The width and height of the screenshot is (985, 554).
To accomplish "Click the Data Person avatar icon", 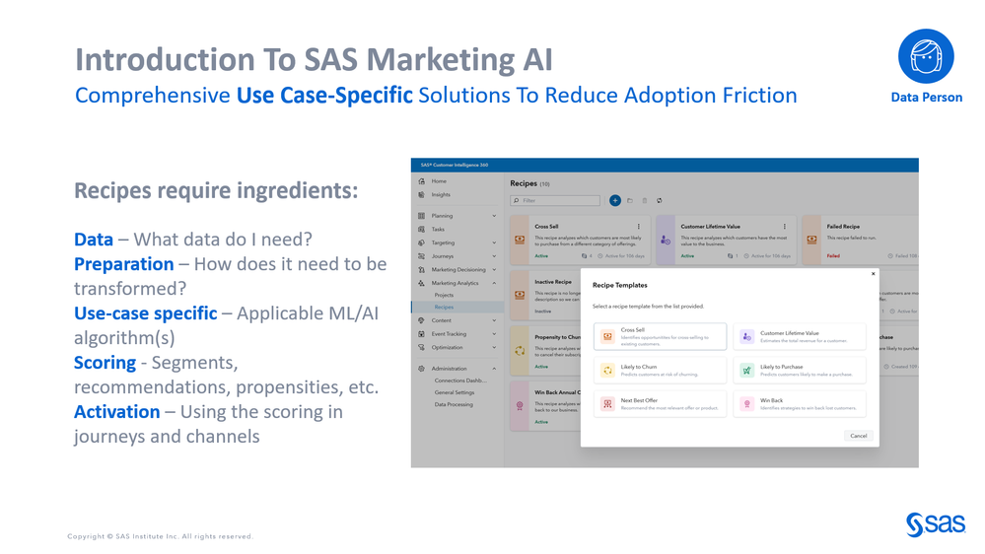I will click(x=926, y=55).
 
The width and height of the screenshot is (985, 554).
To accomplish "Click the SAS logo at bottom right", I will click(x=935, y=524).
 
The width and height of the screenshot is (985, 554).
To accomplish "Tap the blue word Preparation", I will click(x=123, y=264).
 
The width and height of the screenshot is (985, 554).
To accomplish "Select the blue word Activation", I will click(x=116, y=412).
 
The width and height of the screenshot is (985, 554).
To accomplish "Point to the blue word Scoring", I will click(x=105, y=363).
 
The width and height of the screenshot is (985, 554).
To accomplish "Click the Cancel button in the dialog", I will click(x=858, y=436).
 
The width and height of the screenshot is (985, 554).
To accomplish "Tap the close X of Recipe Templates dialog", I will click(x=873, y=274).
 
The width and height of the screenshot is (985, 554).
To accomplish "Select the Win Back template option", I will click(x=799, y=404).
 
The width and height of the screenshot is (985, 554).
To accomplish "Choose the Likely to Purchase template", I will click(x=799, y=371).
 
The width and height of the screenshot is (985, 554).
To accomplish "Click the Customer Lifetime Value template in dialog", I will click(x=799, y=336).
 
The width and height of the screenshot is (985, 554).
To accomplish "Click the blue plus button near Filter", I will click(x=614, y=200).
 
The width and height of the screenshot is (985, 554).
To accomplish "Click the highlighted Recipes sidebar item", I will click(x=445, y=308).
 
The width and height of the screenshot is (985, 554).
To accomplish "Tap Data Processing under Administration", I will click(x=454, y=404).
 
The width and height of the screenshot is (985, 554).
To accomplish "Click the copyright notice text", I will click(x=160, y=536).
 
